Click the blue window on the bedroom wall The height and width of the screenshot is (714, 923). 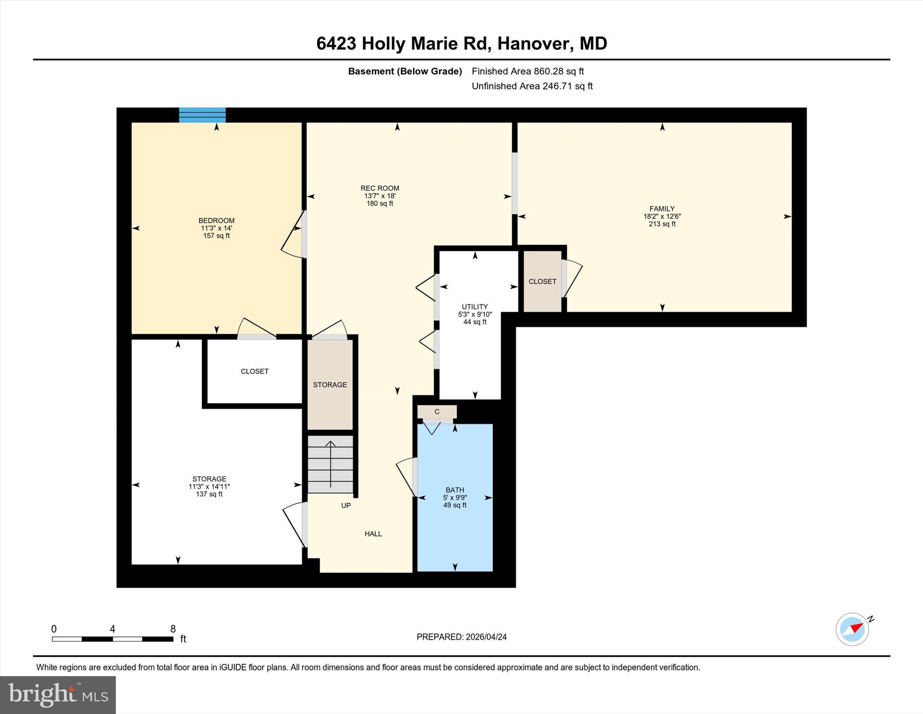click(x=202, y=115)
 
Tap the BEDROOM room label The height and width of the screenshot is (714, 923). click(x=216, y=221)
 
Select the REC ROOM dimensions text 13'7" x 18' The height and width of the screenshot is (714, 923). click(x=380, y=196)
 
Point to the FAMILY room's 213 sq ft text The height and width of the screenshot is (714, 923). click(x=662, y=224)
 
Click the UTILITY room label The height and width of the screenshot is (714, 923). click(x=475, y=307)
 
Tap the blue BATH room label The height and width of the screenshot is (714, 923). click(x=455, y=490)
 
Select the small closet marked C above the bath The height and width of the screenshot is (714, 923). click(x=437, y=412)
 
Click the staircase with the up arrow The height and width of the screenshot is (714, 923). click(x=330, y=464)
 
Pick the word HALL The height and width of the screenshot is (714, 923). click(x=373, y=534)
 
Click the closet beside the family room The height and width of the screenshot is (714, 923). click(x=542, y=281)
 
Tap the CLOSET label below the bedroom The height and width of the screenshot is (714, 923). click(x=255, y=371)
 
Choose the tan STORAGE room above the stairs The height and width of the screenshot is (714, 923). click(x=330, y=385)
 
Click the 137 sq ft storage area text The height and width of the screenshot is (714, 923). click(x=209, y=494)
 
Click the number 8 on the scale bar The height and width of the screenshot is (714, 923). click(x=173, y=629)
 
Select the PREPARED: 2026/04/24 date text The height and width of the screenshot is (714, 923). click(x=461, y=637)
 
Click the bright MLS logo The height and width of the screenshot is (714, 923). click(x=58, y=695)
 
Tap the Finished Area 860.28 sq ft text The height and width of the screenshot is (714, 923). click(x=528, y=71)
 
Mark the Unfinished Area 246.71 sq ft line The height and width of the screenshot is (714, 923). click(x=532, y=86)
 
